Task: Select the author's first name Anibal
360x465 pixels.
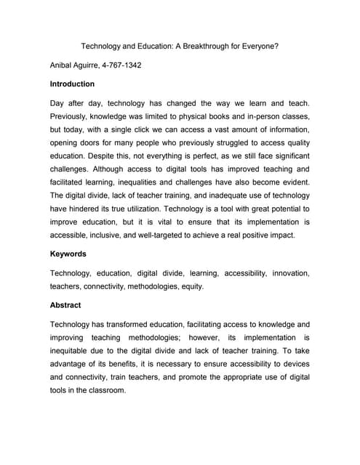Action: pyautogui.click(x=64, y=65)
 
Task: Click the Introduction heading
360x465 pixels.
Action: pyautogui.click(x=72, y=84)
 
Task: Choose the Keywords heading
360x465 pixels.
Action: pyautogui.click(x=68, y=254)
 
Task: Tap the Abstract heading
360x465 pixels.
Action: pyautogui.click(x=65, y=305)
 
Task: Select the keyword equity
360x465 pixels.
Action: pyautogui.click(x=191, y=286)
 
